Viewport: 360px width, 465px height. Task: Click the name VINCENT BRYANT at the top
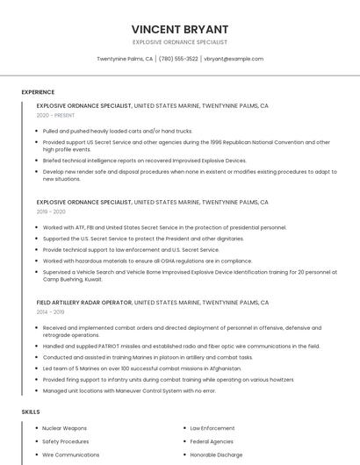[x=179, y=29]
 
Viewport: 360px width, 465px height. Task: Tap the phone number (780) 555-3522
[x=178, y=59]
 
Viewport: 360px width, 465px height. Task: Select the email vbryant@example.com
[x=234, y=59]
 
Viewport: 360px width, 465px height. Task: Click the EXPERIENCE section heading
[x=38, y=92]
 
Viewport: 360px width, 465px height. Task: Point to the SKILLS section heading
[x=31, y=411]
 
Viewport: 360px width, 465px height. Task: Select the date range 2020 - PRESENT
[x=55, y=115]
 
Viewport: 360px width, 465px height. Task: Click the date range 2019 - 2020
[x=51, y=211]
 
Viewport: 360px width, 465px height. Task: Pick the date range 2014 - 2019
[x=50, y=311]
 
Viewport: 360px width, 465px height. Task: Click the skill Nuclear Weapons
[x=63, y=428]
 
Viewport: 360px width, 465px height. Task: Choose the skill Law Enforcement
[x=212, y=428]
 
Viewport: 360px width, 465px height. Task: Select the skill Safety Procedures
[x=66, y=441]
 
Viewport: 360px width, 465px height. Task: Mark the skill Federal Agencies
[x=212, y=441]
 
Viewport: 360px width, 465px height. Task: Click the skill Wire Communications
[x=71, y=455]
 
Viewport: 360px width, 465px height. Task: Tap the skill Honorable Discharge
[x=218, y=455]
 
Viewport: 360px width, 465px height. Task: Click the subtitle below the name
[x=179, y=42]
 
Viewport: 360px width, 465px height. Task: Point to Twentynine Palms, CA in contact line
[x=125, y=59]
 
